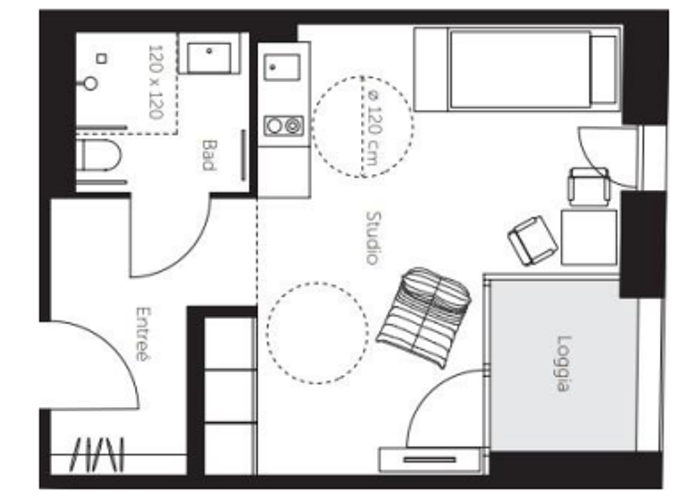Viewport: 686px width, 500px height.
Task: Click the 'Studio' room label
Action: pos(372,237)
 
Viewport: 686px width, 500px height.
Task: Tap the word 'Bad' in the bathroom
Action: pos(209,154)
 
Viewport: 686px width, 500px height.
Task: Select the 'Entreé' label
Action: pos(141,334)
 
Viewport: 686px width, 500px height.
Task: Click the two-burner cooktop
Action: pos(284,126)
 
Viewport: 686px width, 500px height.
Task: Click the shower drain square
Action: pos(102,59)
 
